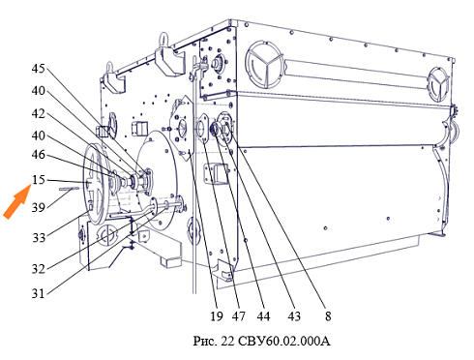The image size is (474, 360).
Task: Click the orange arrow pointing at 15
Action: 17,202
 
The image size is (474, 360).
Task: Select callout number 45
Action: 38,69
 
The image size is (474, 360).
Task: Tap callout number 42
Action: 38,113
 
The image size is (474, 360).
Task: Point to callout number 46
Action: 38,155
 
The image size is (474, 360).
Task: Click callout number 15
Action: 39,179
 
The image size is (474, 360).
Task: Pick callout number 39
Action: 38,207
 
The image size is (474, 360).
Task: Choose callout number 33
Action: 39,238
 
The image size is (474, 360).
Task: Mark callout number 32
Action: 38,268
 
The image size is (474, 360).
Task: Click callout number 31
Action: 38,293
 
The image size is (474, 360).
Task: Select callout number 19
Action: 217,316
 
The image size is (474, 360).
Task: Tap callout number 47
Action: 239,316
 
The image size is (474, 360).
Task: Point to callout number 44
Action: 263,316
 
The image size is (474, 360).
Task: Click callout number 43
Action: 294,316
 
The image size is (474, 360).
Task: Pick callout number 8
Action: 328,316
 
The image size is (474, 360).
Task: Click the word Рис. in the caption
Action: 205,341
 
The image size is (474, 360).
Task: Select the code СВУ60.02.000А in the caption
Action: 284,341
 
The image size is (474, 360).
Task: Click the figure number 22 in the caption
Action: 227,341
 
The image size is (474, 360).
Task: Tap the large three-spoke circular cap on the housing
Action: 265,65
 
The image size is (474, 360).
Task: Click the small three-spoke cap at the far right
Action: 438,84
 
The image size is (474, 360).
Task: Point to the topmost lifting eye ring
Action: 164,40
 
